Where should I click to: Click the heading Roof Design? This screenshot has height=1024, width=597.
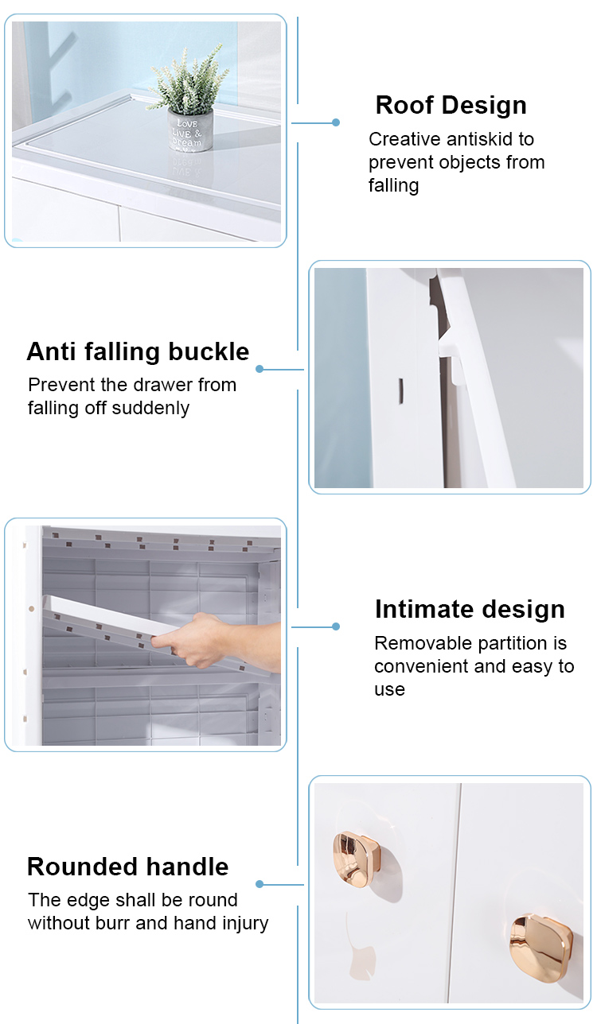pyautogui.click(x=451, y=105)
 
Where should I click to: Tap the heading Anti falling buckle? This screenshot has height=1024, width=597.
pyautogui.click(x=138, y=351)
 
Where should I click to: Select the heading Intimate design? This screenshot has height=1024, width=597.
pyautogui.click(x=470, y=609)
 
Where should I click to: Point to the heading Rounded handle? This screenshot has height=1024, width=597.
pyautogui.click(x=127, y=867)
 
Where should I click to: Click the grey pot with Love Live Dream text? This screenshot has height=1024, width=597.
pyautogui.click(x=190, y=130)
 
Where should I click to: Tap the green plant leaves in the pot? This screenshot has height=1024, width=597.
pyautogui.click(x=188, y=80)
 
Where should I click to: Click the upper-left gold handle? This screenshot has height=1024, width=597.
pyautogui.click(x=357, y=859)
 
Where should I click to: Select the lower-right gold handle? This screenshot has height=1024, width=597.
pyautogui.click(x=540, y=947)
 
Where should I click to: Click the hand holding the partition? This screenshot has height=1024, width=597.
pyautogui.click(x=215, y=640)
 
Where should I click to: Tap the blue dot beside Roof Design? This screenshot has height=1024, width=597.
pyautogui.click(x=336, y=122)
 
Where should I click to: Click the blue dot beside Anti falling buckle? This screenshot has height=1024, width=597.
pyautogui.click(x=259, y=369)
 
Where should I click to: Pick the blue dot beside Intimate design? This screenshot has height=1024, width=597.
pyautogui.click(x=336, y=626)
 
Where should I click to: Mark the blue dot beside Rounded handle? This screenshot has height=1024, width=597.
pyautogui.click(x=259, y=884)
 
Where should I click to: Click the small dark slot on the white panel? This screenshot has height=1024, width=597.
pyautogui.click(x=400, y=391)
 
